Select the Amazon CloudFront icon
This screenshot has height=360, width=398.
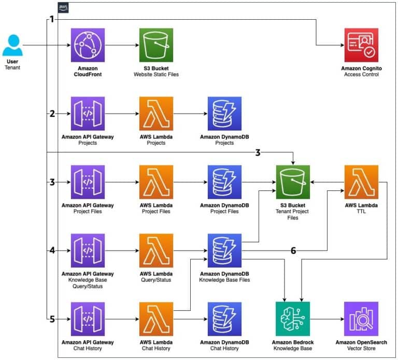pyautogui.click(x=88, y=45)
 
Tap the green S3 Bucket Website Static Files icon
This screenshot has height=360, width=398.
pyautogui.click(x=156, y=45)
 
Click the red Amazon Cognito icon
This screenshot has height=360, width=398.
pyautogui.click(x=361, y=45)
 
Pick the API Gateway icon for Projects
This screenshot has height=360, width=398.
pyautogui.click(x=88, y=114)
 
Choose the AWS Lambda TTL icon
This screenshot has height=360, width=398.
pyautogui.click(x=361, y=182)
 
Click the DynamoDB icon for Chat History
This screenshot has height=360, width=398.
pyautogui.click(x=224, y=319)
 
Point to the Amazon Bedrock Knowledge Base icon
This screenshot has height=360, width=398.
pyautogui.click(x=293, y=319)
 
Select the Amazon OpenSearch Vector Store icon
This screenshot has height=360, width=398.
pyautogui.click(x=361, y=319)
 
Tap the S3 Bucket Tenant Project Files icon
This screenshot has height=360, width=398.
pyautogui.click(x=293, y=182)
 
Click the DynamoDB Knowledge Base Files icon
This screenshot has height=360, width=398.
pyautogui.click(x=224, y=251)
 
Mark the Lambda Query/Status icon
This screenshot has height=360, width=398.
pyautogui.click(x=156, y=251)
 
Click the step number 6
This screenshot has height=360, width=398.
pyautogui.click(x=293, y=251)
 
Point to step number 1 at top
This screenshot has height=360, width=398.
pyautogui.click(x=51, y=19)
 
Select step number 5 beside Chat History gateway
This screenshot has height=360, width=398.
pyautogui.click(x=51, y=319)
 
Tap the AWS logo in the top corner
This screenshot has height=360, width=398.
pyautogui.click(x=63, y=7)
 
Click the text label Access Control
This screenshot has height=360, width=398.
pyautogui.click(x=361, y=74)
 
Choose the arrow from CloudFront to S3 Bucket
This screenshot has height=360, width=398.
pyautogui.click(x=122, y=45)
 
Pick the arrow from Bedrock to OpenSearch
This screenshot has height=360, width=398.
pyautogui.click(x=326, y=319)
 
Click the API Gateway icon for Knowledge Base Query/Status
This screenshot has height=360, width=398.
pyautogui.click(x=88, y=251)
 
